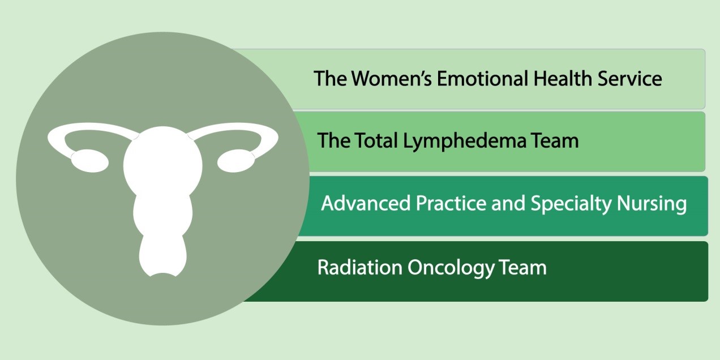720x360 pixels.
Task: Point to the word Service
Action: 630,78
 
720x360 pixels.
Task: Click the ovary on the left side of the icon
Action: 89,161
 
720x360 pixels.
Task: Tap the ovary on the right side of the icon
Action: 237,161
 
